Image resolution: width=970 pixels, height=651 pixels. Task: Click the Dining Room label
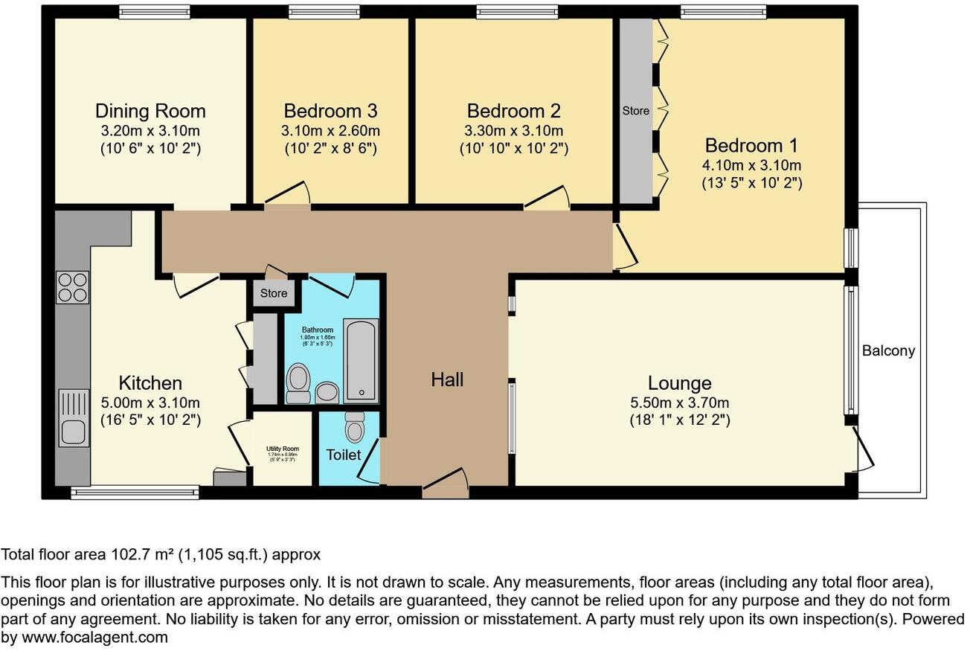click(150, 112)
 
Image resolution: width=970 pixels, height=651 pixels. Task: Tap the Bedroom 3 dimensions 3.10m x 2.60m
click(331, 131)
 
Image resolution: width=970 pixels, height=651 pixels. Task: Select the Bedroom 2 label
click(513, 112)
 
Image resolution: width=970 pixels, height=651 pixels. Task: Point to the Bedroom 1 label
click(753, 145)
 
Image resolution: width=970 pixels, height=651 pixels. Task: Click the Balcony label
click(888, 351)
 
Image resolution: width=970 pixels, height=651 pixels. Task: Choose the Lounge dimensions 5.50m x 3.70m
click(679, 403)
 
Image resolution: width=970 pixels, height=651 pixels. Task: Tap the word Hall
click(447, 380)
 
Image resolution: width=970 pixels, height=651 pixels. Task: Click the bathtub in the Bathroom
click(361, 361)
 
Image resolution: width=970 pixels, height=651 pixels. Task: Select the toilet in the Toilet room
click(355, 429)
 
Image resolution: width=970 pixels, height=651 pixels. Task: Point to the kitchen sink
click(73, 429)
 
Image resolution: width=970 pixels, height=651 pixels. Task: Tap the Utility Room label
click(282, 449)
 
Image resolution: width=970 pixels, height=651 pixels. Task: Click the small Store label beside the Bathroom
click(274, 293)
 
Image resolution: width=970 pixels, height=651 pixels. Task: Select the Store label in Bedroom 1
click(635, 111)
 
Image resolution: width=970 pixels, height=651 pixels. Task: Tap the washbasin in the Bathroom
click(326, 392)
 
